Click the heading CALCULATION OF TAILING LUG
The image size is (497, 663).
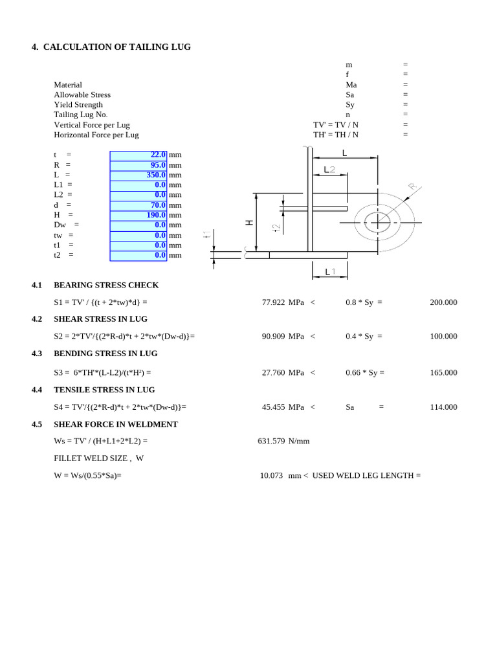point(116,47)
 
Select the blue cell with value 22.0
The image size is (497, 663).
point(138,155)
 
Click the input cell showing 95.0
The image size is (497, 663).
point(138,165)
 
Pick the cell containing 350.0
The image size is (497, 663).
point(138,175)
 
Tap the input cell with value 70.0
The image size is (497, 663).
point(138,205)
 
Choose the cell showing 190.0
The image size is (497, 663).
point(138,215)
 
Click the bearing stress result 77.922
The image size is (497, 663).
point(273,302)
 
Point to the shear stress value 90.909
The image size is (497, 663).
point(273,337)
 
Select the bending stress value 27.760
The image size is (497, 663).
point(273,373)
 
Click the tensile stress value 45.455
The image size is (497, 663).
point(273,407)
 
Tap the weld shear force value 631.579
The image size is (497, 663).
point(271,442)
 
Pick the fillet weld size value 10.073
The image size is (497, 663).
point(271,476)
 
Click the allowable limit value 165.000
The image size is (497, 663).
point(443,373)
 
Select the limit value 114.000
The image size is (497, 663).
point(443,407)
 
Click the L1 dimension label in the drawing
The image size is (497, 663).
point(330,271)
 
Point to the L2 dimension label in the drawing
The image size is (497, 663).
point(329,170)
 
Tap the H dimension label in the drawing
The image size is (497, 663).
point(250,223)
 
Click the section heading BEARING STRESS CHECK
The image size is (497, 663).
point(106,286)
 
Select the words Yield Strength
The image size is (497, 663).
point(78,105)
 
